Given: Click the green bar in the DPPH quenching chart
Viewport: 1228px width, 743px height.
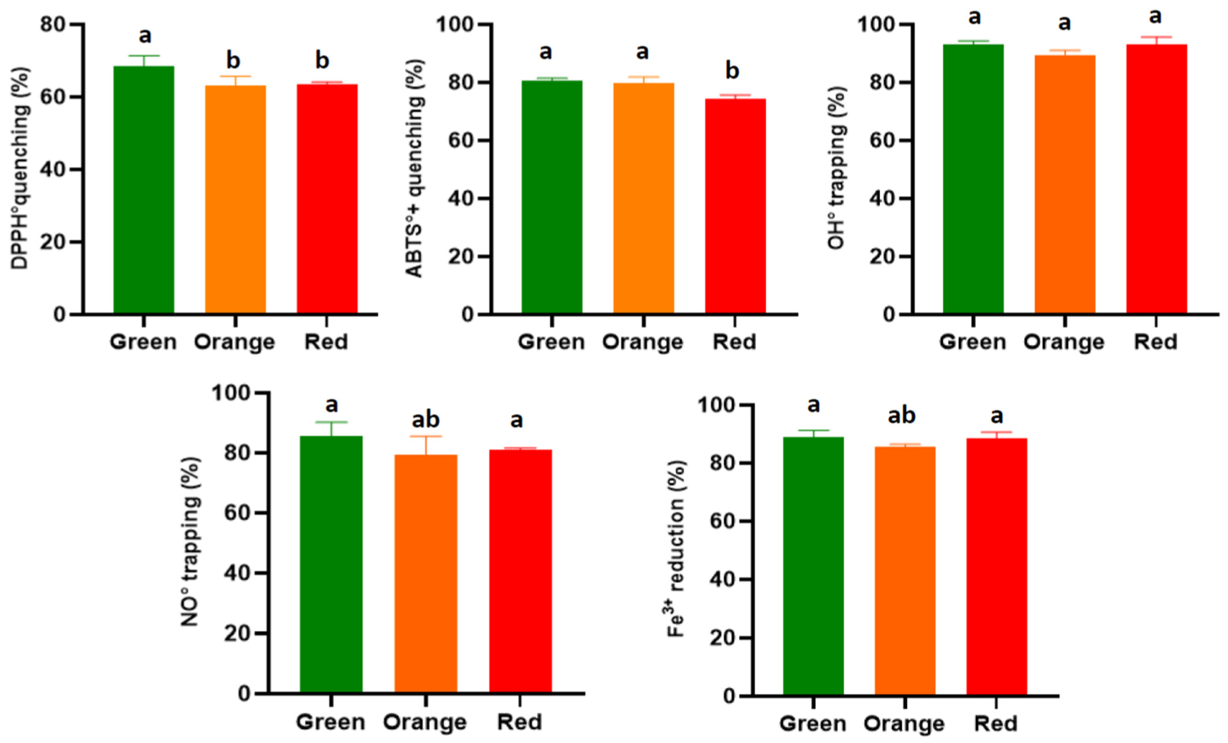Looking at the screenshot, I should tap(143, 189).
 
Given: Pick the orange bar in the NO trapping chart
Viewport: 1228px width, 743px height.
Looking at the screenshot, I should tap(426, 573).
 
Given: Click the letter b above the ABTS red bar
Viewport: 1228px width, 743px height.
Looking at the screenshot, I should tap(732, 71).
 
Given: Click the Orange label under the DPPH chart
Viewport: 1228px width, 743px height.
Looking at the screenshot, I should tap(234, 342).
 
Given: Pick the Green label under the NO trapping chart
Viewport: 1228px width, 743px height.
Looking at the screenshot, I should tap(330, 722).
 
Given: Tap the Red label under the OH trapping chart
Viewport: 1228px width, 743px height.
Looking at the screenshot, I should tap(1155, 342).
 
